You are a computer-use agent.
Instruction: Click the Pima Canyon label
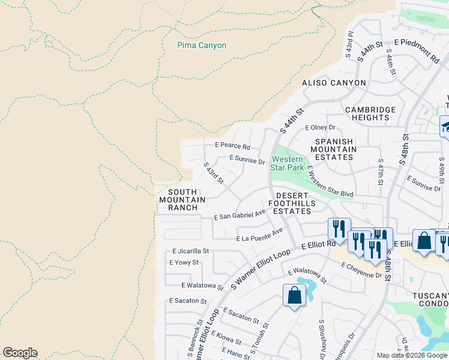(202, 45)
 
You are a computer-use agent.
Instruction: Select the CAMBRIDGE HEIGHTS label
(370, 114)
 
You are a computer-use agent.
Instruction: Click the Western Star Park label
(289, 163)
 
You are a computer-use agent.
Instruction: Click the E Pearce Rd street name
(232, 146)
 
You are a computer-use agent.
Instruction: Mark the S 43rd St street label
(213, 173)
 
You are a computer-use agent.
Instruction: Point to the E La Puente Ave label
(259, 235)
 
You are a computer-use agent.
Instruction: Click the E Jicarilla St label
(190, 251)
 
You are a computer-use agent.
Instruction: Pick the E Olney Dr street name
(324, 128)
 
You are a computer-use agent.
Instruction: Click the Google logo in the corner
(20, 353)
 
